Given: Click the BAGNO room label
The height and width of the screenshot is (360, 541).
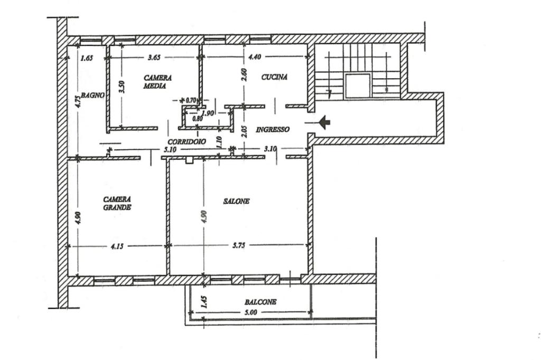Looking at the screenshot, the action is click(92, 95).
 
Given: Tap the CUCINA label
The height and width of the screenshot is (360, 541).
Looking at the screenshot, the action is click(274, 77).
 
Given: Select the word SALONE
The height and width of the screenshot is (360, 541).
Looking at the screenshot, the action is click(236, 201).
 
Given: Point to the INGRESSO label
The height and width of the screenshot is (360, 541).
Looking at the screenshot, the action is click(273, 130).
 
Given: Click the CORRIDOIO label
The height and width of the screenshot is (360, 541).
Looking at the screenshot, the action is click(186, 141).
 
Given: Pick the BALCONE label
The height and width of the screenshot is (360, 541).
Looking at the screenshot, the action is click(260, 302).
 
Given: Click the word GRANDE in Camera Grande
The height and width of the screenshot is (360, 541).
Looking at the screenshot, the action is click(117, 207).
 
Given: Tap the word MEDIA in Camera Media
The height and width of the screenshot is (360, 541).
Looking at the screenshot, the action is click(155, 86).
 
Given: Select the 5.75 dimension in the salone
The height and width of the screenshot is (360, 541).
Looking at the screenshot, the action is click(239, 246).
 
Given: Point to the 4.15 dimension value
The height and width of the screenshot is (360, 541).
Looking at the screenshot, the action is click(117, 246).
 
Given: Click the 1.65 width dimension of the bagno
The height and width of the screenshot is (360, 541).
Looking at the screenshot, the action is click(87, 58).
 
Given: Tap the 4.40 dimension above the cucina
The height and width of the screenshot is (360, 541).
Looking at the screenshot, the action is click(255, 57).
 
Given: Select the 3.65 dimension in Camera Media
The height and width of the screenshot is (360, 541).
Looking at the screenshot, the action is click(154, 58).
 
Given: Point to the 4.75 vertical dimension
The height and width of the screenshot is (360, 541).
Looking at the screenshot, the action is click(78, 102).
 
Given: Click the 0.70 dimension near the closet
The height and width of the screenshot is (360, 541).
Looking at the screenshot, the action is click(190, 101).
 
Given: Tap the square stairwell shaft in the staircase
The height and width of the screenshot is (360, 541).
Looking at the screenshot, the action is click(358, 86).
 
